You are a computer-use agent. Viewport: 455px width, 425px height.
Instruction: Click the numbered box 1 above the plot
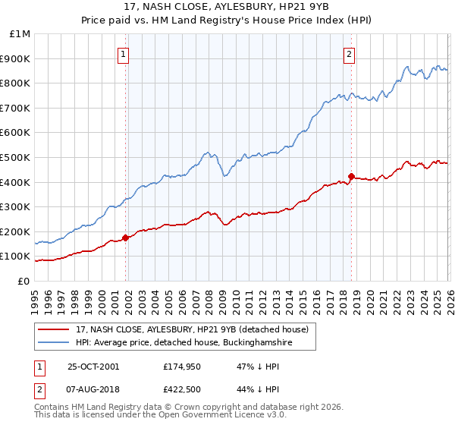(x=123, y=53)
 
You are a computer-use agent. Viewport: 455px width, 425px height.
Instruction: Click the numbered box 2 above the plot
(x=349, y=53)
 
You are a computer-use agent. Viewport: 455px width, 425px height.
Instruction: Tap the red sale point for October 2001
(x=126, y=238)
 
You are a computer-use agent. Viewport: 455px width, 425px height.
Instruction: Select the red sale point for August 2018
(x=351, y=176)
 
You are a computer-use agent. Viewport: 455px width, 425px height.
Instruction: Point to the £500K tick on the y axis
(x=18, y=157)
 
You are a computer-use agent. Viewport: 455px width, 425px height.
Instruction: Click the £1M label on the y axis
(x=20, y=34)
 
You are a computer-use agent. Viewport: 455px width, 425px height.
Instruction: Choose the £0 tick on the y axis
(x=24, y=281)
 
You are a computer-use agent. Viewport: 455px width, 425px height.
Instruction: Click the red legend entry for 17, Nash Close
(x=191, y=329)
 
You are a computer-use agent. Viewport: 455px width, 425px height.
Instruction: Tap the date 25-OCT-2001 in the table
(x=93, y=367)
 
